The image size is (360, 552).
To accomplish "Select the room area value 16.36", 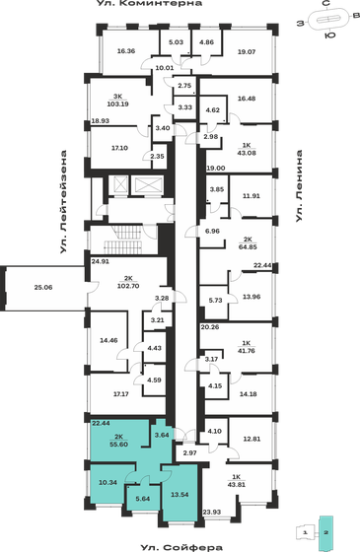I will coord(125,51).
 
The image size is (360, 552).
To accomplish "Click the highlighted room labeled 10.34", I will coord(108,482).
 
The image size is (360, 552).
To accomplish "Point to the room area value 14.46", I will coord(109,341).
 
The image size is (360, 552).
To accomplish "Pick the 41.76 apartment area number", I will coord(249,350).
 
